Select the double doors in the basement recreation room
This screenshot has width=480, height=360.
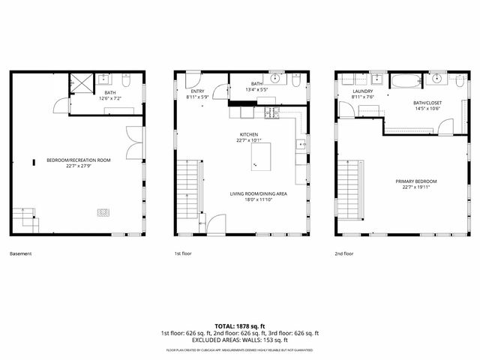pos(133,142)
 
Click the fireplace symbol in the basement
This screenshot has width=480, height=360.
pos(102,212)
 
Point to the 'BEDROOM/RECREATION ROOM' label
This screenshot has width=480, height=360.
pos(79,160)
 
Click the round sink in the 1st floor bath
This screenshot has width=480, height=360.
pos(276,79)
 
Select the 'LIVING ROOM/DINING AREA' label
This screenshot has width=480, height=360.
pos(259,193)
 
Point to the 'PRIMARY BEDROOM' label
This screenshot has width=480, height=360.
pos(416,181)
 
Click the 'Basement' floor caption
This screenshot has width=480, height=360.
pos(21,253)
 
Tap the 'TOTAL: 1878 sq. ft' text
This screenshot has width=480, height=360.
pos(240,325)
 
